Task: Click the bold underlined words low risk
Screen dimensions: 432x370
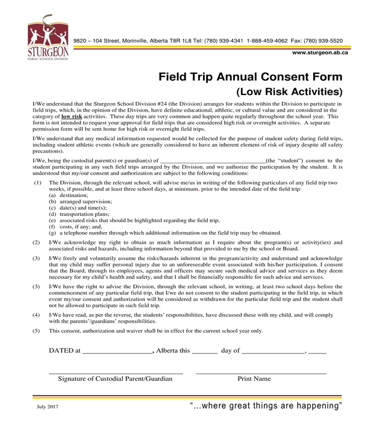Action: pos(71,116)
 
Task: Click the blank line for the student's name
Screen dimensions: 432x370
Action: pos(212,159)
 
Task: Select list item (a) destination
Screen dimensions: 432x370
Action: pos(68,194)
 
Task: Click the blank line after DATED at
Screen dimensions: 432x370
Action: pos(117,351)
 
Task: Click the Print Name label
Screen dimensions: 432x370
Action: pos(254,379)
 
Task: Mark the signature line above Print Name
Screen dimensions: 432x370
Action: pos(260,373)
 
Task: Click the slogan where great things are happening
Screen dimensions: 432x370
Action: pos(266,406)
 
